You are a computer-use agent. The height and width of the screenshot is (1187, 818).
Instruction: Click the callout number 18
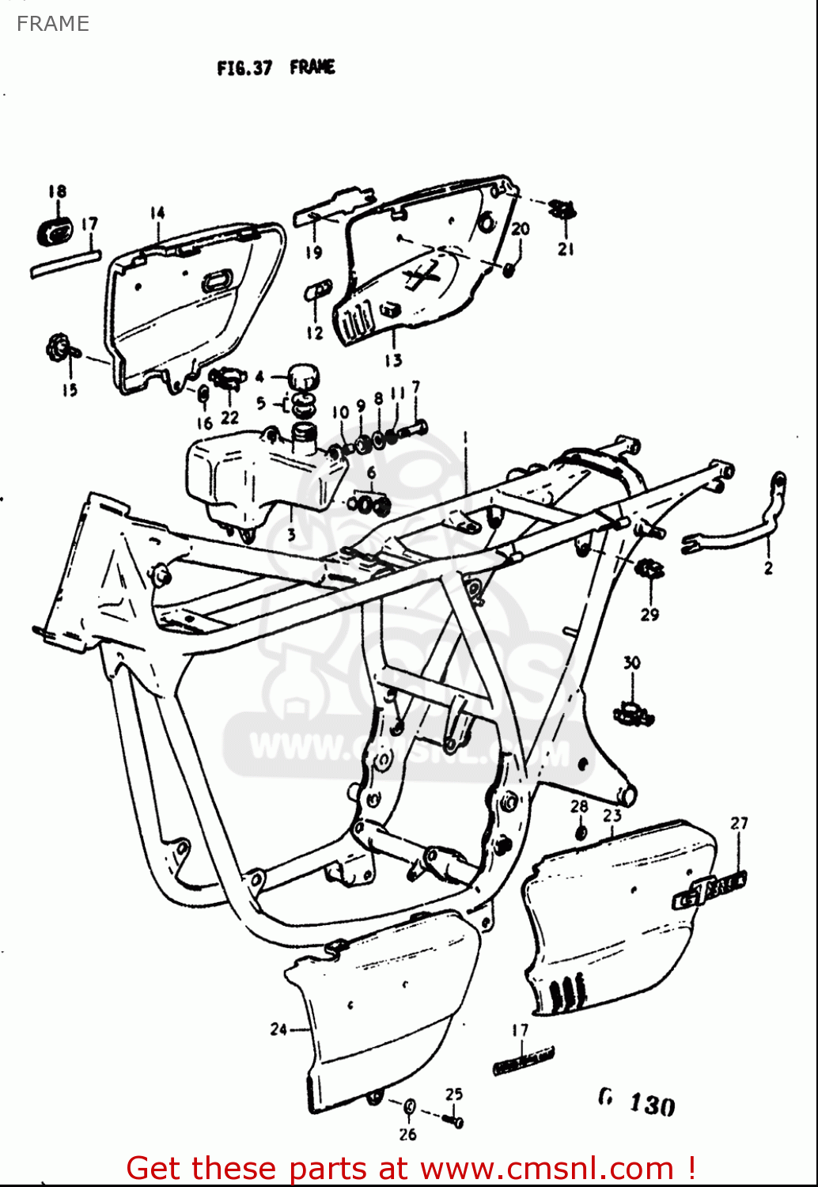point(57,192)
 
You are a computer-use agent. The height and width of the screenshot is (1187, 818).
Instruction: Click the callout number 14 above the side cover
point(157,212)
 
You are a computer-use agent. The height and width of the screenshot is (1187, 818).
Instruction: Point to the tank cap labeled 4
point(303,377)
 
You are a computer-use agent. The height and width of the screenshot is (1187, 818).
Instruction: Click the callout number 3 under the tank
point(291,535)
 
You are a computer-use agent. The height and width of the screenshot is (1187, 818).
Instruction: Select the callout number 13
point(393,361)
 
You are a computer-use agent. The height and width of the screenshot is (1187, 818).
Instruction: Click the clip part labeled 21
point(563,210)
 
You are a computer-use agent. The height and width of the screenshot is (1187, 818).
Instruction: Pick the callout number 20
point(520,229)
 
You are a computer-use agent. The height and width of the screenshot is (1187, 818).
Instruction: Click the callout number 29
point(649,614)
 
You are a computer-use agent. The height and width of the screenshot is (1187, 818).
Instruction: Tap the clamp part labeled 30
point(633,713)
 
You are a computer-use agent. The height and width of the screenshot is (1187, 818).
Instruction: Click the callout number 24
point(278,1030)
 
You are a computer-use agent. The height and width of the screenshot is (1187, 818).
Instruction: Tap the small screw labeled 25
point(454,1120)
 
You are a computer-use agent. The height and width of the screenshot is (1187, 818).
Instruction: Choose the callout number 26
point(407,1135)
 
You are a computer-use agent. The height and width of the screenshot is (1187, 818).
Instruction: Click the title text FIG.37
point(244,68)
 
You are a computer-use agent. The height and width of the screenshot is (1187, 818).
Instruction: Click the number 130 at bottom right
point(652,1105)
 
